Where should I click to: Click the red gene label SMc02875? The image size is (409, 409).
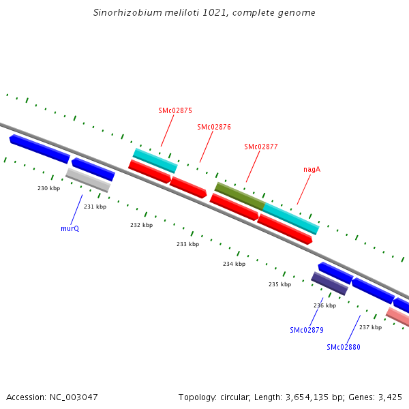175,110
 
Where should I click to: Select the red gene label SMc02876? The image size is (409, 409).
214,127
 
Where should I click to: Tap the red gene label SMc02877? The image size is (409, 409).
261,147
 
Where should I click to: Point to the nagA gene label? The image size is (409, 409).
312,169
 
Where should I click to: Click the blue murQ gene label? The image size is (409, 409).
70,228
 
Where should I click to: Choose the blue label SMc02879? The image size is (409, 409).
307,330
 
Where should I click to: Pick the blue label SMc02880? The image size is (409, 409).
344,347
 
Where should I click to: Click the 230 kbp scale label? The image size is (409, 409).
48,188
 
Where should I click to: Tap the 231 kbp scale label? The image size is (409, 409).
95,207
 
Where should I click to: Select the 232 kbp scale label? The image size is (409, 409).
142,225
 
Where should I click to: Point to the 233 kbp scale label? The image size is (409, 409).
187,244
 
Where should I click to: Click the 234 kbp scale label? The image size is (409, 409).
234,264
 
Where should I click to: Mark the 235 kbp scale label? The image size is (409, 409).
279,284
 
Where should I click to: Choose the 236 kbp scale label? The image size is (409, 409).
324,305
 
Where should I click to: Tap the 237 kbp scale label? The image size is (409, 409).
370,327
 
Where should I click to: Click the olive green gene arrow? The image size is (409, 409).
239,196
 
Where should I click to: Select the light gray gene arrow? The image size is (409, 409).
88,180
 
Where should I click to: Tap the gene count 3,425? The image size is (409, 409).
390,397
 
